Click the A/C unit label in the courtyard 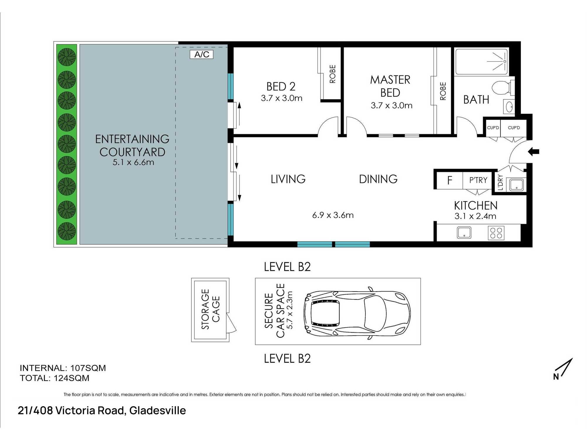point(202,55)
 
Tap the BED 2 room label point(281,87)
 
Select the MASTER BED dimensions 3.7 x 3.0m point(392,106)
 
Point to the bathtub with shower point(481,62)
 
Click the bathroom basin point(509,106)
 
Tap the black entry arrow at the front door point(534,152)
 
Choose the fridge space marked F point(450,180)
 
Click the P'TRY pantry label point(478,180)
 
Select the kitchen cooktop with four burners point(496,233)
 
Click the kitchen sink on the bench point(464,233)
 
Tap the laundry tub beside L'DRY point(516,185)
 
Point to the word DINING point(378,179)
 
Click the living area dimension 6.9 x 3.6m point(333,215)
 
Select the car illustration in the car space point(357,313)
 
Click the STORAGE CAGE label point(210,309)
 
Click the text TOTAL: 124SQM point(55,378)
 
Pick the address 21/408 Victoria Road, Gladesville point(102,410)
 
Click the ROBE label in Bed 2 point(333,74)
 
